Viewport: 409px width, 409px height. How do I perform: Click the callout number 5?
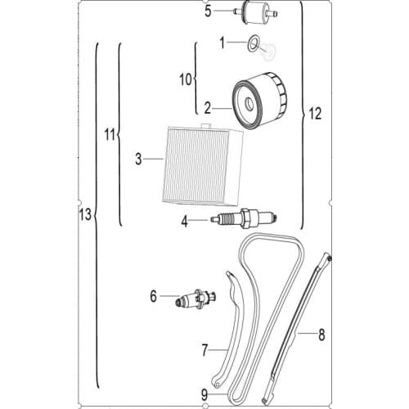(208, 11)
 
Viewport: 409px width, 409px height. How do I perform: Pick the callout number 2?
(208, 107)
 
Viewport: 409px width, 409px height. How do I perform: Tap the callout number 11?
(111, 135)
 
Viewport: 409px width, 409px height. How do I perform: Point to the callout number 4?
(186, 219)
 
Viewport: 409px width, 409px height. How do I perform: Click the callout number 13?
(81, 214)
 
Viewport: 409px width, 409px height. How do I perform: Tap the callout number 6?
(153, 297)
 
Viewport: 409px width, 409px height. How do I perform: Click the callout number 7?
(205, 350)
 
